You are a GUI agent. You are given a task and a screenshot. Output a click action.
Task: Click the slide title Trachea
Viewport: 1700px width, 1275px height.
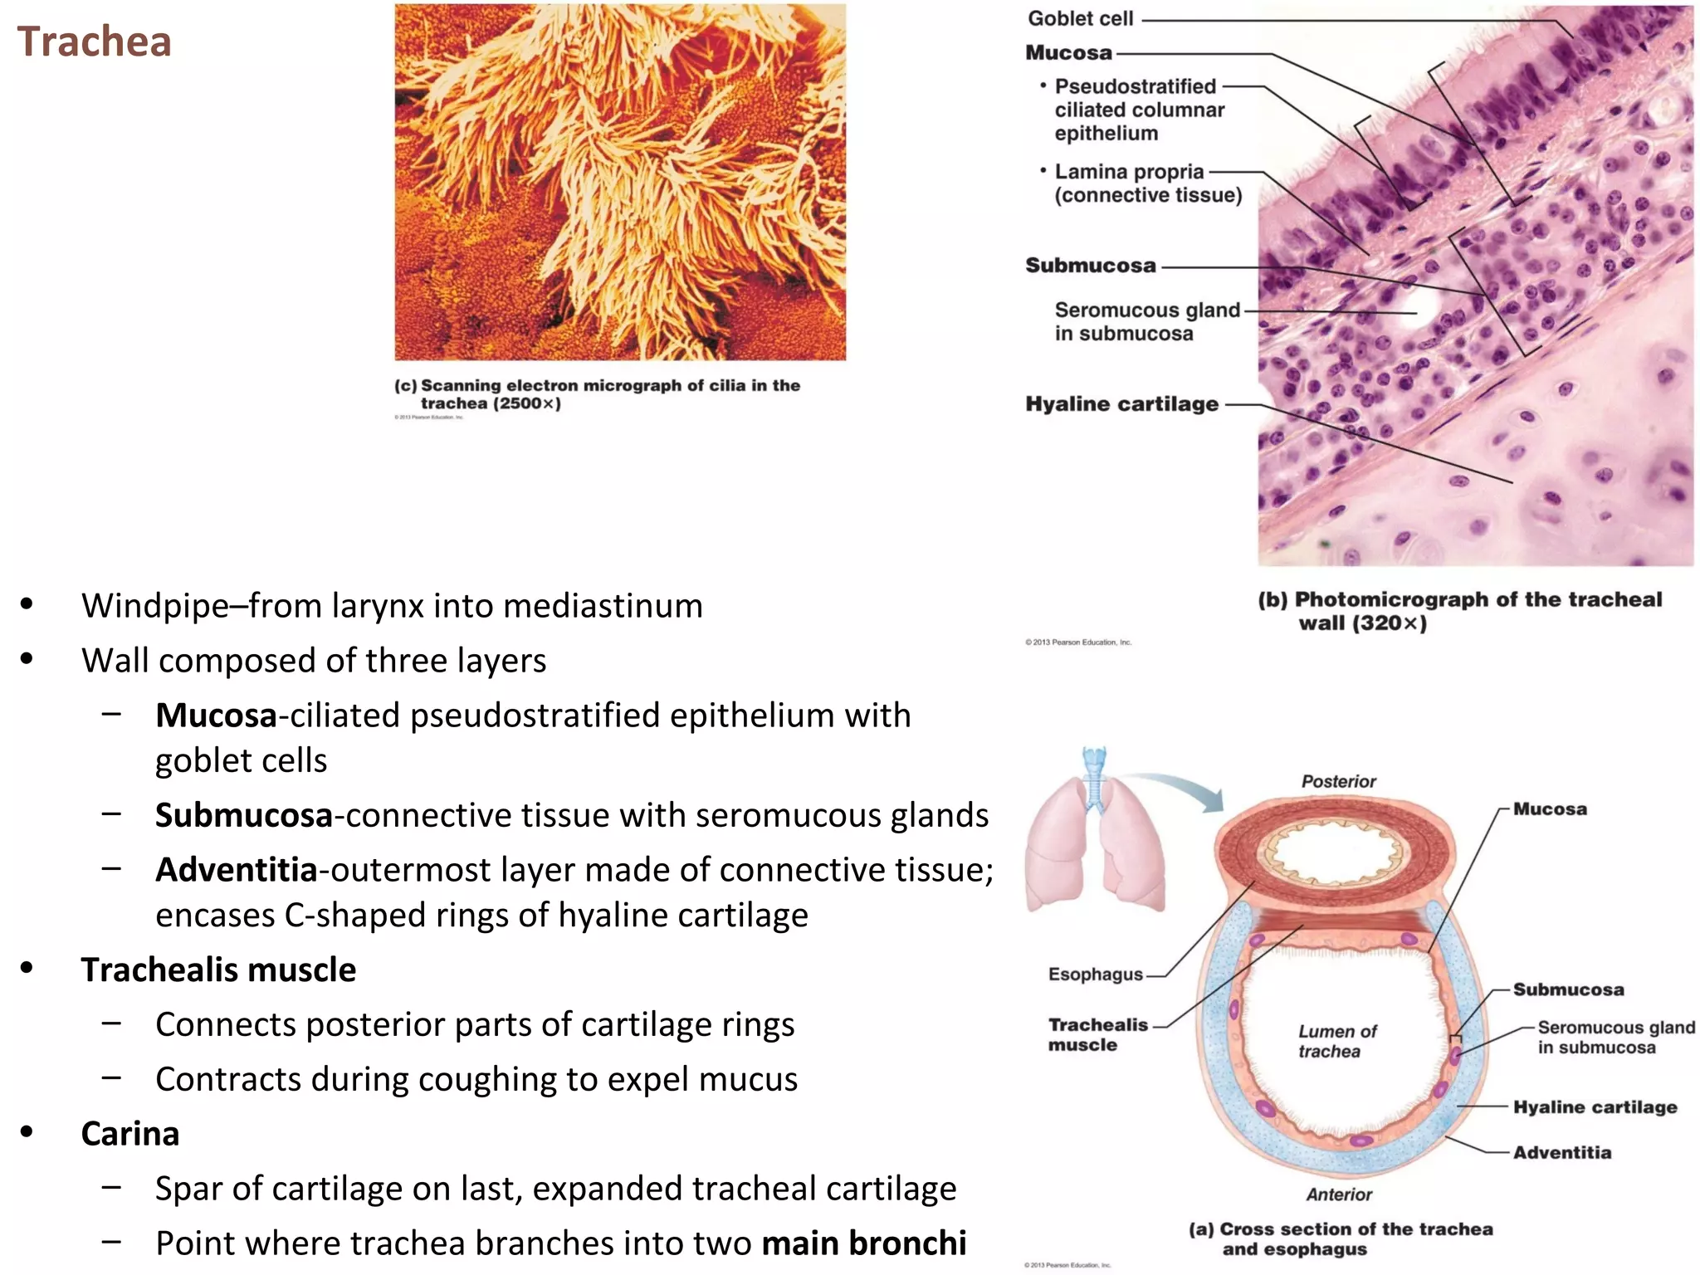(x=94, y=42)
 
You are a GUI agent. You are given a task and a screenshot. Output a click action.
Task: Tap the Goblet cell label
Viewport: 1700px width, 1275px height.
(x=1080, y=18)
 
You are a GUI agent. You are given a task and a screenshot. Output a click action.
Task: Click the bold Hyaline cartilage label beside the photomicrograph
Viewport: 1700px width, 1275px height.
(x=1121, y=404)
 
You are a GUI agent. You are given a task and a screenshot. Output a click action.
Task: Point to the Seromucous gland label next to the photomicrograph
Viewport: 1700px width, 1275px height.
(x=1146, y=321)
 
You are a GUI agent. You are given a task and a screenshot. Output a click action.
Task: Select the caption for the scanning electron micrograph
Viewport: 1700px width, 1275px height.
(x=597, y=394)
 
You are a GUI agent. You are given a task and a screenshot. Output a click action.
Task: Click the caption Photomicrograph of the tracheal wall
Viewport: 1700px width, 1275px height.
(x=1459, y=611)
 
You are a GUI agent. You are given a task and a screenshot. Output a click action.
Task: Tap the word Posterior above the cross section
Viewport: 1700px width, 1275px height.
(x=1338, y=781)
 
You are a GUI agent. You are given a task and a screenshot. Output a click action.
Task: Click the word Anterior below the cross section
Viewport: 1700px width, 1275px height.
(x=1338, y=1194)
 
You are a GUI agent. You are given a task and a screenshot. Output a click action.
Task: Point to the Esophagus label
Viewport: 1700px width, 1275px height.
(x=1095, y=975)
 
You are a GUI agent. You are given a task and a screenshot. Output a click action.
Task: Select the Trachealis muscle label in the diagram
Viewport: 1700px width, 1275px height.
(x=1097, y=1034)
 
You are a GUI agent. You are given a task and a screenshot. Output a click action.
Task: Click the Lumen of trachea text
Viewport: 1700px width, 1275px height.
(x=1336, y=1041)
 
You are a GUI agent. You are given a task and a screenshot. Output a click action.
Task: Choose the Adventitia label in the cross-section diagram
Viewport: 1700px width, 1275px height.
(x=1561, y=1152)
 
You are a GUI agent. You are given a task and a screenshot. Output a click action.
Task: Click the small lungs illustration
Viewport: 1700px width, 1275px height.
(x=1095, y=838)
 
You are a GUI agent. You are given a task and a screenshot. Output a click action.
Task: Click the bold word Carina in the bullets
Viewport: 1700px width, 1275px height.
(x=129, y=1134)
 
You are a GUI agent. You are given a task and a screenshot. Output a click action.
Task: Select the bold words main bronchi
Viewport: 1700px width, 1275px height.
(x=863, y=1243)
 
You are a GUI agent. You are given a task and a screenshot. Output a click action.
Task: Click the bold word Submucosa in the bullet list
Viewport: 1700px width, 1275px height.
(x=244, y=815)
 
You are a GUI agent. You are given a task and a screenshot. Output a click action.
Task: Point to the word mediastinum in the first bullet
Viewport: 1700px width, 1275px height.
(x=603, y=606)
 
